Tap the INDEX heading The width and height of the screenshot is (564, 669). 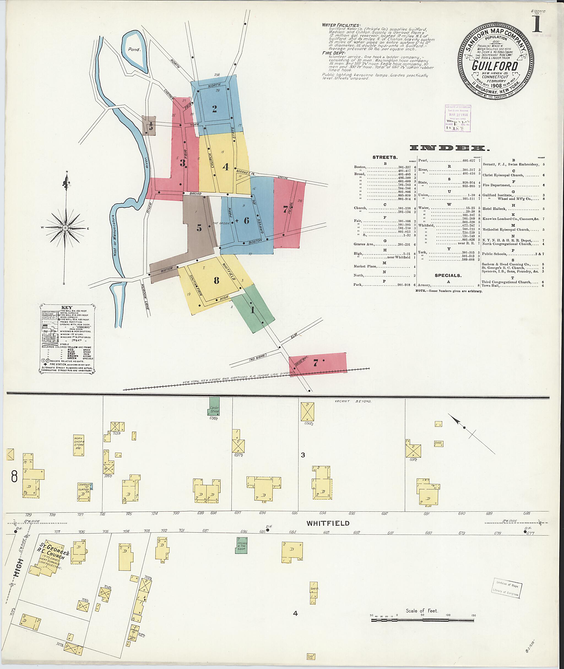[x=449, y=148]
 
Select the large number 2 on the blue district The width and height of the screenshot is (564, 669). [x=214, y=109]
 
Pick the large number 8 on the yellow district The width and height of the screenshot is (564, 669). [x=216, y=280]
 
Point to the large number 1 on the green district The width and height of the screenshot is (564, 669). [x=253, y=310]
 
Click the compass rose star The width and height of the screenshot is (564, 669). [x=65, y=228]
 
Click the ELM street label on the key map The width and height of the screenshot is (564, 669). [x=294, y=336]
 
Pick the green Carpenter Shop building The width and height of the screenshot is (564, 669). [x=214, y=406]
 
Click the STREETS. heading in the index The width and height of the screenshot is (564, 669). [x=385, y=157]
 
